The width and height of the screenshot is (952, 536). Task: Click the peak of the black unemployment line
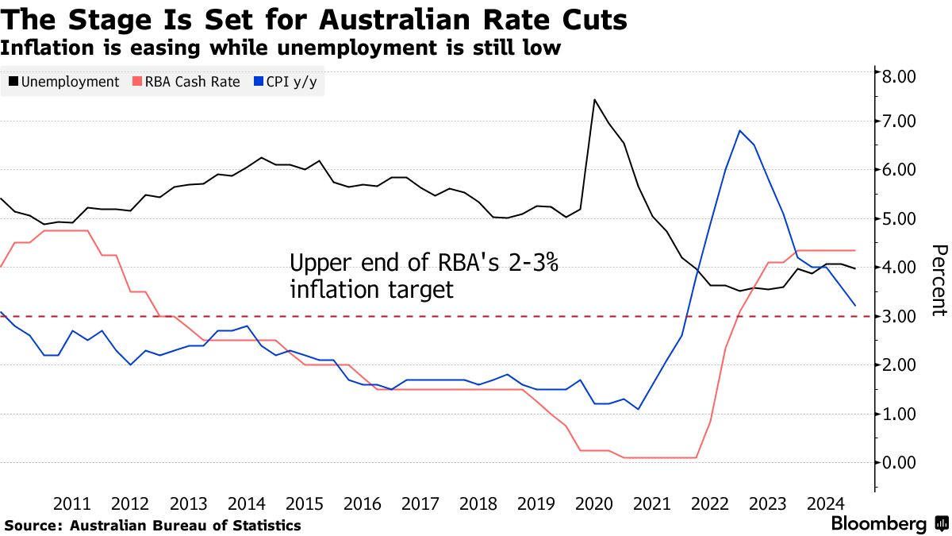coord(594,100)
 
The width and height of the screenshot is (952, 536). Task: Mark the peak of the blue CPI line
coord(739,130)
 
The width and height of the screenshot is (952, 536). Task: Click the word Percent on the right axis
coord(938,280)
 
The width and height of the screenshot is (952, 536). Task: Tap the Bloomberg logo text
coord(878,524)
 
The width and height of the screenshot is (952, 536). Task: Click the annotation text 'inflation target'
coord(371,289)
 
